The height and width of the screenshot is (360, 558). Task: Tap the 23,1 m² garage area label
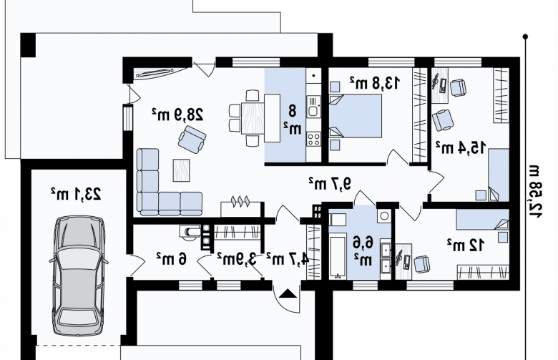[x=76, y=194]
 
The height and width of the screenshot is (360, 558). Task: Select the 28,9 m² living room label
[x=177, y=115]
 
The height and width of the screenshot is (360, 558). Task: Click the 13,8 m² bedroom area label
[x=374, y=82]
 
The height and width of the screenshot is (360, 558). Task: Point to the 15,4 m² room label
[x=461, y=147]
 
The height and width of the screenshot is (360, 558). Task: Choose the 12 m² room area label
[x=466, y=245]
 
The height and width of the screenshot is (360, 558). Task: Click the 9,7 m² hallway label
[x=330, y=183]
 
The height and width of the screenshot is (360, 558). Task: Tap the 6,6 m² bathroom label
[x=363, y=251]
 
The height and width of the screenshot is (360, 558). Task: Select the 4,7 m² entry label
[x=288, y=259]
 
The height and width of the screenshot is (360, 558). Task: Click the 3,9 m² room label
[x=237, y=259]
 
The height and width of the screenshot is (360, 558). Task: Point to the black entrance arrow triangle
[x=288, y=293]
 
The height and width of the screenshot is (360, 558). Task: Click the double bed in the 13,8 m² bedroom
[x=355, y=116]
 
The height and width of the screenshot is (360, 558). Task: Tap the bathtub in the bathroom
[x=338, y=256]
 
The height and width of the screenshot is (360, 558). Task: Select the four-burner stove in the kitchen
[x=313, y=139]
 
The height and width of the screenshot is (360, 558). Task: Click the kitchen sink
[x=313, y=108]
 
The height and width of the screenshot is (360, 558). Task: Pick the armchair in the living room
[x=192, y=140]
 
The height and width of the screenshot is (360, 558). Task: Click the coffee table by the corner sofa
[x=182, y=170]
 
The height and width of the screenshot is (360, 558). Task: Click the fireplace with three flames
[x=242, y=208]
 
